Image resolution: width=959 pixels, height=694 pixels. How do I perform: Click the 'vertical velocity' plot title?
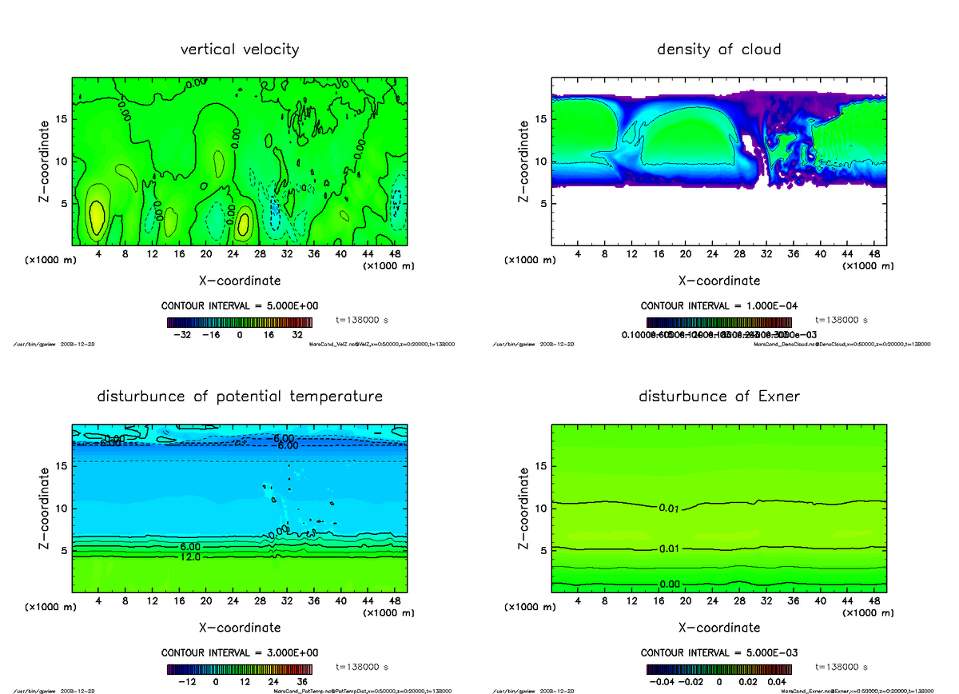[x=240, y=50]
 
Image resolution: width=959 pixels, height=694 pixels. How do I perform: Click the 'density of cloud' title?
[x=718, y=50]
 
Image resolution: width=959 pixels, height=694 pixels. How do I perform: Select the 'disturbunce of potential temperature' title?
[x=240, y=397]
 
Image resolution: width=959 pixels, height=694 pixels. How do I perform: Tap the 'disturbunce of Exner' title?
[x=718, y=397]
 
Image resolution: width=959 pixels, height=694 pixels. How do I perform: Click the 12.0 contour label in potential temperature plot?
[x=181, y=556]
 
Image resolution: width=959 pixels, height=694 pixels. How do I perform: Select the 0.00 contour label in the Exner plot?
[x=670, y=584]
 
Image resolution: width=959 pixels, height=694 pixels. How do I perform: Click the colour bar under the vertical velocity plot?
[x=240, y=321]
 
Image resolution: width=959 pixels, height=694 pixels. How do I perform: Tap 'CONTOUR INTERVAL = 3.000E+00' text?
[x=240, y=653]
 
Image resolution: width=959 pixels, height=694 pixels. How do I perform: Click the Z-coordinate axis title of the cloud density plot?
[x=525, y=161]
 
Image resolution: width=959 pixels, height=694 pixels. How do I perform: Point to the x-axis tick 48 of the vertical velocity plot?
[x=395, y=254]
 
